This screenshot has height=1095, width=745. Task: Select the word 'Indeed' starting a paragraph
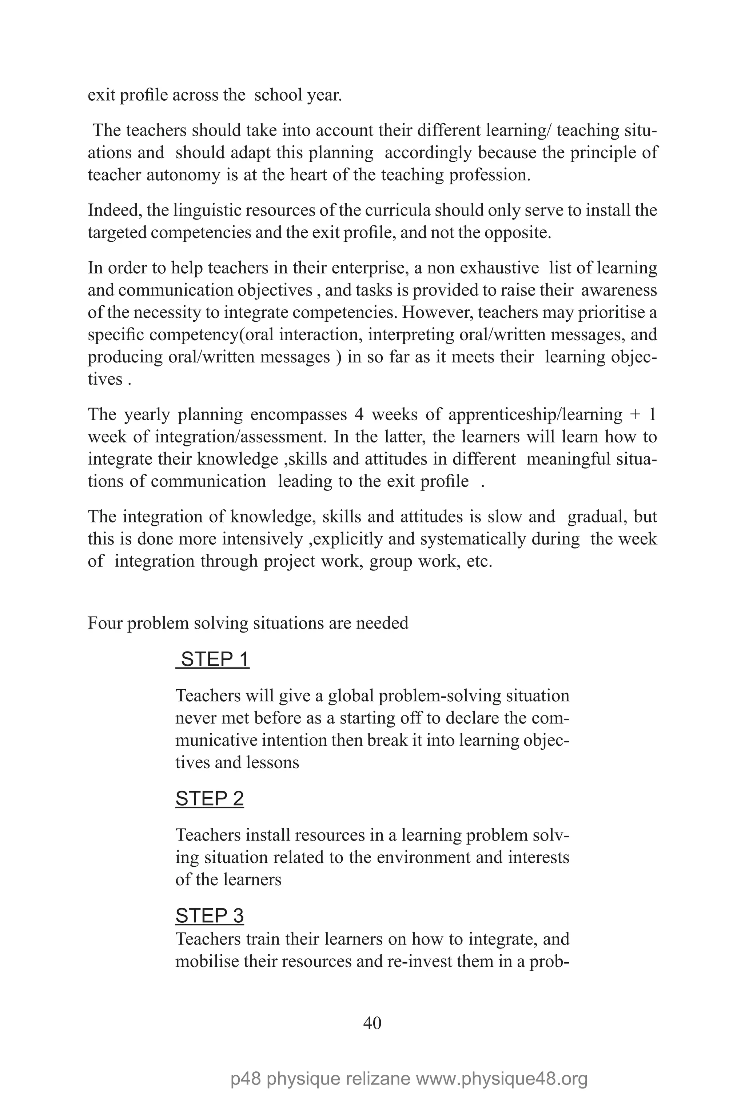(114, 210)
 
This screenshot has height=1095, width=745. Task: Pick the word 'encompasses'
(298, 415)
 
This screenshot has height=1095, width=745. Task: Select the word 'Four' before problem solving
(105, 623)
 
